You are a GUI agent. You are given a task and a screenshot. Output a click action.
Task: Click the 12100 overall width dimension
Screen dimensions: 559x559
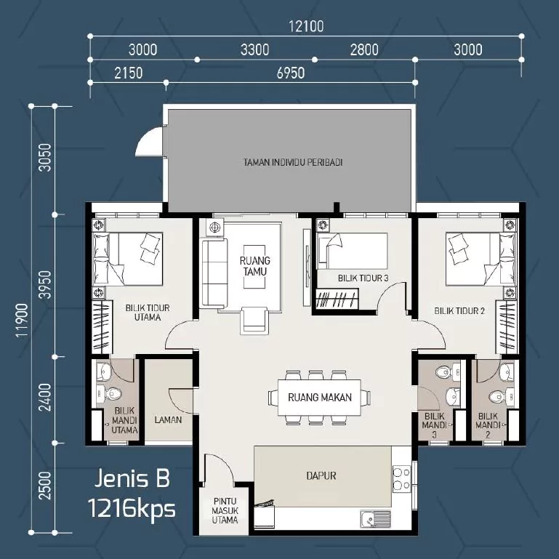pos(306,26)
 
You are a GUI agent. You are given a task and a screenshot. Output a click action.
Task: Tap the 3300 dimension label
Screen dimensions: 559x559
pos(254,49)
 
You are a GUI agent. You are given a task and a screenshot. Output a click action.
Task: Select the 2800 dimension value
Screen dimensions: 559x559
pos(364,49)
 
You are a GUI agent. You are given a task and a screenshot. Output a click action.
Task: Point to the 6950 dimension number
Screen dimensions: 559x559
pos(291,73)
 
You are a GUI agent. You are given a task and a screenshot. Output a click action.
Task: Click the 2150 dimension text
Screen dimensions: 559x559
pos(129,73)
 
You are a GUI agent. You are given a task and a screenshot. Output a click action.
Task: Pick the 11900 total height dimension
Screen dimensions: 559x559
pos(22,320)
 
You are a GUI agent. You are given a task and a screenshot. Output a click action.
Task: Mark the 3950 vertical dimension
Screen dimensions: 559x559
pos(45,285)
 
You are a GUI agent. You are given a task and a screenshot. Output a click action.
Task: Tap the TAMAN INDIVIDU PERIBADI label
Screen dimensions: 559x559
pos(293,163)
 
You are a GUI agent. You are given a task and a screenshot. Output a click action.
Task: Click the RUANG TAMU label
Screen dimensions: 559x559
pos(255,266)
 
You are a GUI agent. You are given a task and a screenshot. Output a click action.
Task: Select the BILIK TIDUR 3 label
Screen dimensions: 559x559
pos(363,278)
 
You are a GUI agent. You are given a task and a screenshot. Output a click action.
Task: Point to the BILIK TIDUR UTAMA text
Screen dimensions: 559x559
pos(148,313)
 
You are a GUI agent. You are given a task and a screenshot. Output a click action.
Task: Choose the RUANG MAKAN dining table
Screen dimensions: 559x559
pos(319,397)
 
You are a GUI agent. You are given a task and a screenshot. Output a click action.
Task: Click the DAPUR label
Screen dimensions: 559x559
pos(321,475)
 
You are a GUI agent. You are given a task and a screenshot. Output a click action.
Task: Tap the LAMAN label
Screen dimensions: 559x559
pos(168,420)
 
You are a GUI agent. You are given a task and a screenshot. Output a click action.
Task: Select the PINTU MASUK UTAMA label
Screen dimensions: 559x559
pos(225,510)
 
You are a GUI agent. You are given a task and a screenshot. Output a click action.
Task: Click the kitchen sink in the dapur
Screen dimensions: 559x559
pos(376,519)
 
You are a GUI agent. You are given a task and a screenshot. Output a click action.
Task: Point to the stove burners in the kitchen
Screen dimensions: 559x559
pos(402,478)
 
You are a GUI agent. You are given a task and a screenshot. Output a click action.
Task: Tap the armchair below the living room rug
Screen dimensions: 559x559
pos(254,320)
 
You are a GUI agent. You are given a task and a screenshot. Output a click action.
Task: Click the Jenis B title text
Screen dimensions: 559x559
pos(132,478)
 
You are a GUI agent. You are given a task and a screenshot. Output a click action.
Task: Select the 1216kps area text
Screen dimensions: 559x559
pos(132,508)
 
